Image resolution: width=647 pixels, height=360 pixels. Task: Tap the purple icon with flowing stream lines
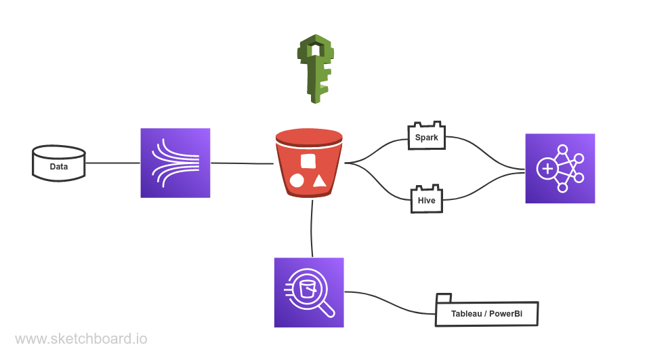coord(175,163)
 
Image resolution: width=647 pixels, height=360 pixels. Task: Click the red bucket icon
coord(309,163)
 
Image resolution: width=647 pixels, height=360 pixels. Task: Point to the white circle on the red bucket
coord(297,181)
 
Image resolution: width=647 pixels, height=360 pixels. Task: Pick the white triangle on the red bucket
coord(320,180)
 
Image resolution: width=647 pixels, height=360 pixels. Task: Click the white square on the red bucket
coord(308,161)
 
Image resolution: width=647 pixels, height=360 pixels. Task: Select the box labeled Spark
coord(426,137)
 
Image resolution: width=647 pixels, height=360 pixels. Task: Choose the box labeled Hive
coord(426,201)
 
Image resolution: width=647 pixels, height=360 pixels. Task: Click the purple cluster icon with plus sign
coord(560,168)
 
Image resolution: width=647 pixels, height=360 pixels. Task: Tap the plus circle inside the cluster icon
coord(547,168)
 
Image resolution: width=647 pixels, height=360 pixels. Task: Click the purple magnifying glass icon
coord(309,292)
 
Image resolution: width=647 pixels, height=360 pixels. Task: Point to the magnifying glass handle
coord(327,310)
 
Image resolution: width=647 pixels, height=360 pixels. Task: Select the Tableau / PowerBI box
coord(486,314)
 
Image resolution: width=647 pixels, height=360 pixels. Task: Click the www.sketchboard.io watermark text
coord(81,339)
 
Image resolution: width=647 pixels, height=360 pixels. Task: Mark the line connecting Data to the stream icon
coord(112,163)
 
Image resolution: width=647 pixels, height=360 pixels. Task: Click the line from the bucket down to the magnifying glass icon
coord(312,227)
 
